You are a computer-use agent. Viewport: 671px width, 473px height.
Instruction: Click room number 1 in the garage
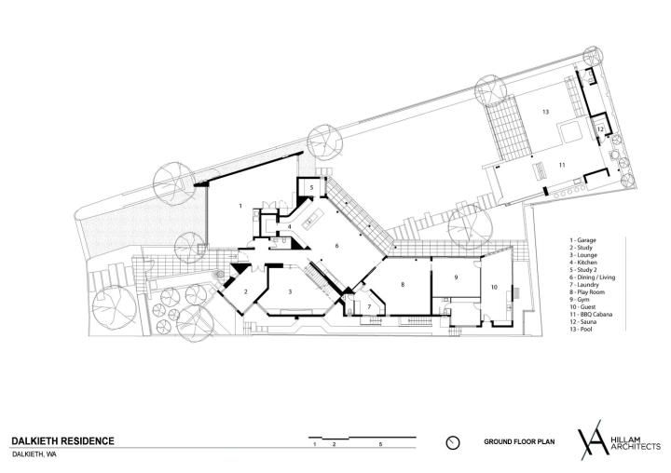click(x=240, y=206)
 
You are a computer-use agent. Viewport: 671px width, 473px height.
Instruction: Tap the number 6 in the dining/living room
click(x=336, y=246)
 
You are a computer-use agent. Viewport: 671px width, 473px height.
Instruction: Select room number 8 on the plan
click(x=403, y=284)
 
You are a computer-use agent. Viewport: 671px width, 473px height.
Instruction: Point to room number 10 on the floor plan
click(x=494, y=288)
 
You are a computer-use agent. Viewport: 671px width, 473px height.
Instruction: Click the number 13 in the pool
click(x=545, y=112)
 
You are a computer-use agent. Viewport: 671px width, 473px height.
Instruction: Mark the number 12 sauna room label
click(x=600, y=128)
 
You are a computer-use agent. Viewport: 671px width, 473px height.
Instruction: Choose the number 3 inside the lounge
click(x=290, y=292)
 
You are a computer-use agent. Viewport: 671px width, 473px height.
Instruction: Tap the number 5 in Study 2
click(x=312, y=187)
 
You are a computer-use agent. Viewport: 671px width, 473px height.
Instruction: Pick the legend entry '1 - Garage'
click(x=582, y=240)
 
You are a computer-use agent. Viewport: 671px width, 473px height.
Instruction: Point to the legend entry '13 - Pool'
click(x=581, y=330)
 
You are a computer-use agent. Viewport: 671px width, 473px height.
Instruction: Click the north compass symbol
click(x=452, y=442)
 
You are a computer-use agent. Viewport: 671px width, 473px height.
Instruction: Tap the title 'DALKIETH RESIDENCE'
click(x=63, y=441)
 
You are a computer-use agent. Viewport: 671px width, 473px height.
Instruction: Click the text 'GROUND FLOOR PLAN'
click(x=519, y=441)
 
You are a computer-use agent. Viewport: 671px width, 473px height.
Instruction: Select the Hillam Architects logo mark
click(x=594, y=440)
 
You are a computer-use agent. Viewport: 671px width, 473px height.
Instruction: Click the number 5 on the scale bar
click(x=380, y=445)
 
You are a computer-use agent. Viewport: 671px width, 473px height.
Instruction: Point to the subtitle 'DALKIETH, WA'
click(x=34, y=454)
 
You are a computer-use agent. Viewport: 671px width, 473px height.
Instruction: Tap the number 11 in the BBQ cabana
click(x=562, y=165)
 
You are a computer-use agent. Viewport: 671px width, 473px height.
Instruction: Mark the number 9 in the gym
click(x=456, y=277)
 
